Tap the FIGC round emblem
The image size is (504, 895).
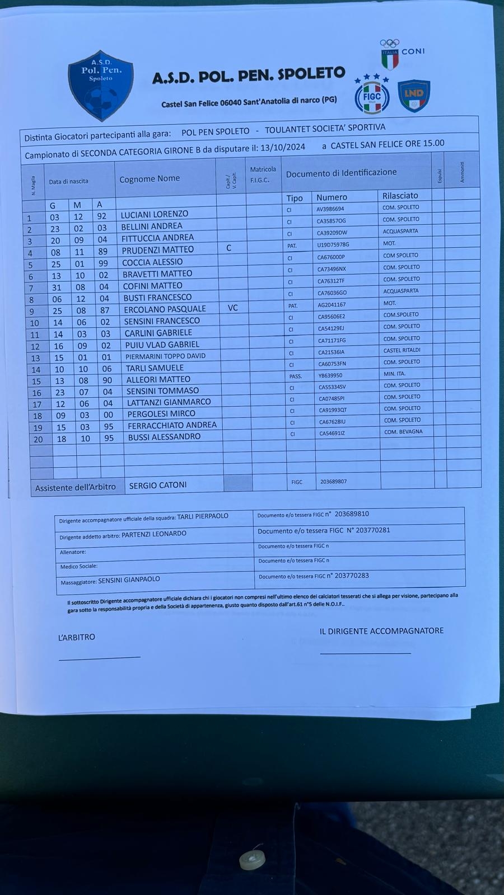point(372,95)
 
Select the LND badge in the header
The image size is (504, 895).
point(414,96)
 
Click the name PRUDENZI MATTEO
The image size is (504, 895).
point(157,249)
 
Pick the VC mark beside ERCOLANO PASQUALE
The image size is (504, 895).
point(233,308)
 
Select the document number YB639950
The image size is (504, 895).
point(330,375)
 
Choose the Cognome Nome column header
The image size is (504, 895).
point(150,178)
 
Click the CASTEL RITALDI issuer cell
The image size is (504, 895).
point(402,350)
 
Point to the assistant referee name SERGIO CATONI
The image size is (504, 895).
point(158,485)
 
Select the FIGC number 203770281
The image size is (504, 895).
point(368,530)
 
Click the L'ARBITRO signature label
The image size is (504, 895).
point(77,637)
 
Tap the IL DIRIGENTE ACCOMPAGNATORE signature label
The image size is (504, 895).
point(381,631)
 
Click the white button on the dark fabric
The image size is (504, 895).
point(252,860)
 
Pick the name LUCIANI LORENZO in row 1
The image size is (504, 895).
point(155,214)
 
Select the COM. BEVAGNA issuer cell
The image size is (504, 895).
point(403,432)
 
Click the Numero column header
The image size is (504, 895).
point(332,197)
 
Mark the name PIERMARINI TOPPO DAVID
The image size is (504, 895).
point(165,356)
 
